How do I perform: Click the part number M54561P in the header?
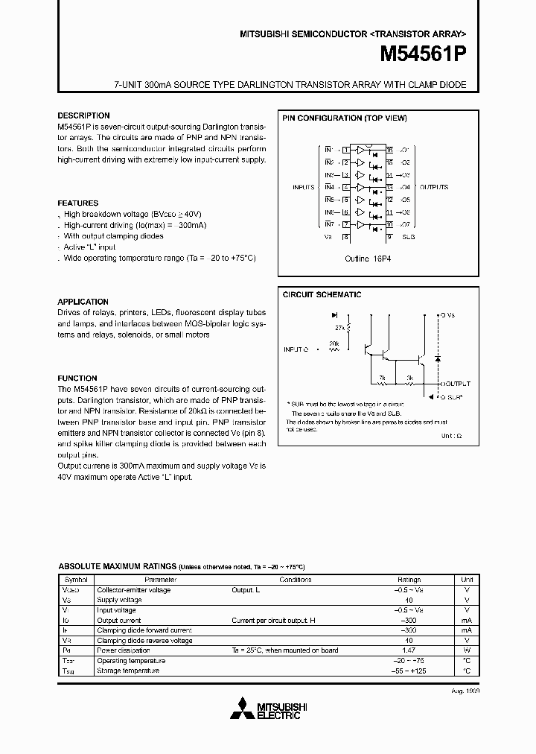(423, 54)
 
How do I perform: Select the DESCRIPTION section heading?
(83, 115)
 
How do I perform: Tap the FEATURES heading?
(78, 203)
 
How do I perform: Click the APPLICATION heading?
(83, 302)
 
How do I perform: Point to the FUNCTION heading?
(77, 378)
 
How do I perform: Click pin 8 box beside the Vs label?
(345, 237)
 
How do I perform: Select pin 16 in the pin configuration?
(389, 150)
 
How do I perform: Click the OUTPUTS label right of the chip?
(433, 188)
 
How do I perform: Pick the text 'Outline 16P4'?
(368, 259)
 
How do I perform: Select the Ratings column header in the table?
(409, 579)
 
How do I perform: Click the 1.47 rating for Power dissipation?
(409, 650)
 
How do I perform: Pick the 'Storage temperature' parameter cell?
(128, 671)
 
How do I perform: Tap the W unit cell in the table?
(467, 650)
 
